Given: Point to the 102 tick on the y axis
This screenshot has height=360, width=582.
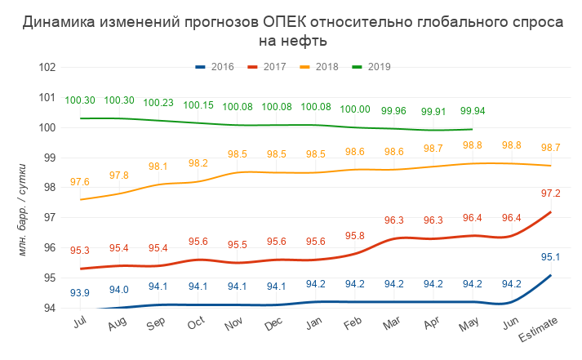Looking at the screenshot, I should coord(47,67).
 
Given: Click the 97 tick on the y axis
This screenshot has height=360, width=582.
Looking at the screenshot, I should coord(49,217).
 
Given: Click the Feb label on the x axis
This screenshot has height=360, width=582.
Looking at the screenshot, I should coord(354,326).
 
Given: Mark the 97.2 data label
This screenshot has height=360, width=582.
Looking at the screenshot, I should coord(551,193).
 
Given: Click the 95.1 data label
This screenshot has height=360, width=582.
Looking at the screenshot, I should coord(551,257).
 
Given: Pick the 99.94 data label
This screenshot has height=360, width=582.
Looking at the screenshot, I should coord(473,111).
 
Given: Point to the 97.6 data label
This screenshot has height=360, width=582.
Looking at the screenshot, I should coord(80,182).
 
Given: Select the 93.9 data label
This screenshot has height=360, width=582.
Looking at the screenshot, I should coord(80,293).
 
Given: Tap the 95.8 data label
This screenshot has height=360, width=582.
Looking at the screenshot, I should coord(354,236).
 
